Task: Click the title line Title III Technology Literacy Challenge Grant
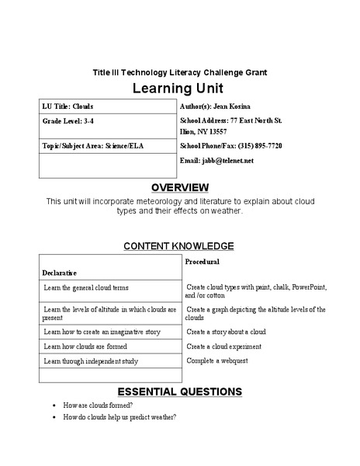click(x=179, y=71)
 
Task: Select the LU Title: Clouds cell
click(x=69, y=105)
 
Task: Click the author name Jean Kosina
click(x=241, y=105)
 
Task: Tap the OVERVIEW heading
click(x=179, y=187)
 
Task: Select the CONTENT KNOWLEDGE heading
click(x=179, y=246)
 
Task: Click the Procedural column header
click(x=202, y=262)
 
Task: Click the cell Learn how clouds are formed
click(x=85, y=346)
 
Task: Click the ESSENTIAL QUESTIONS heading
click(x=179, y=391)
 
